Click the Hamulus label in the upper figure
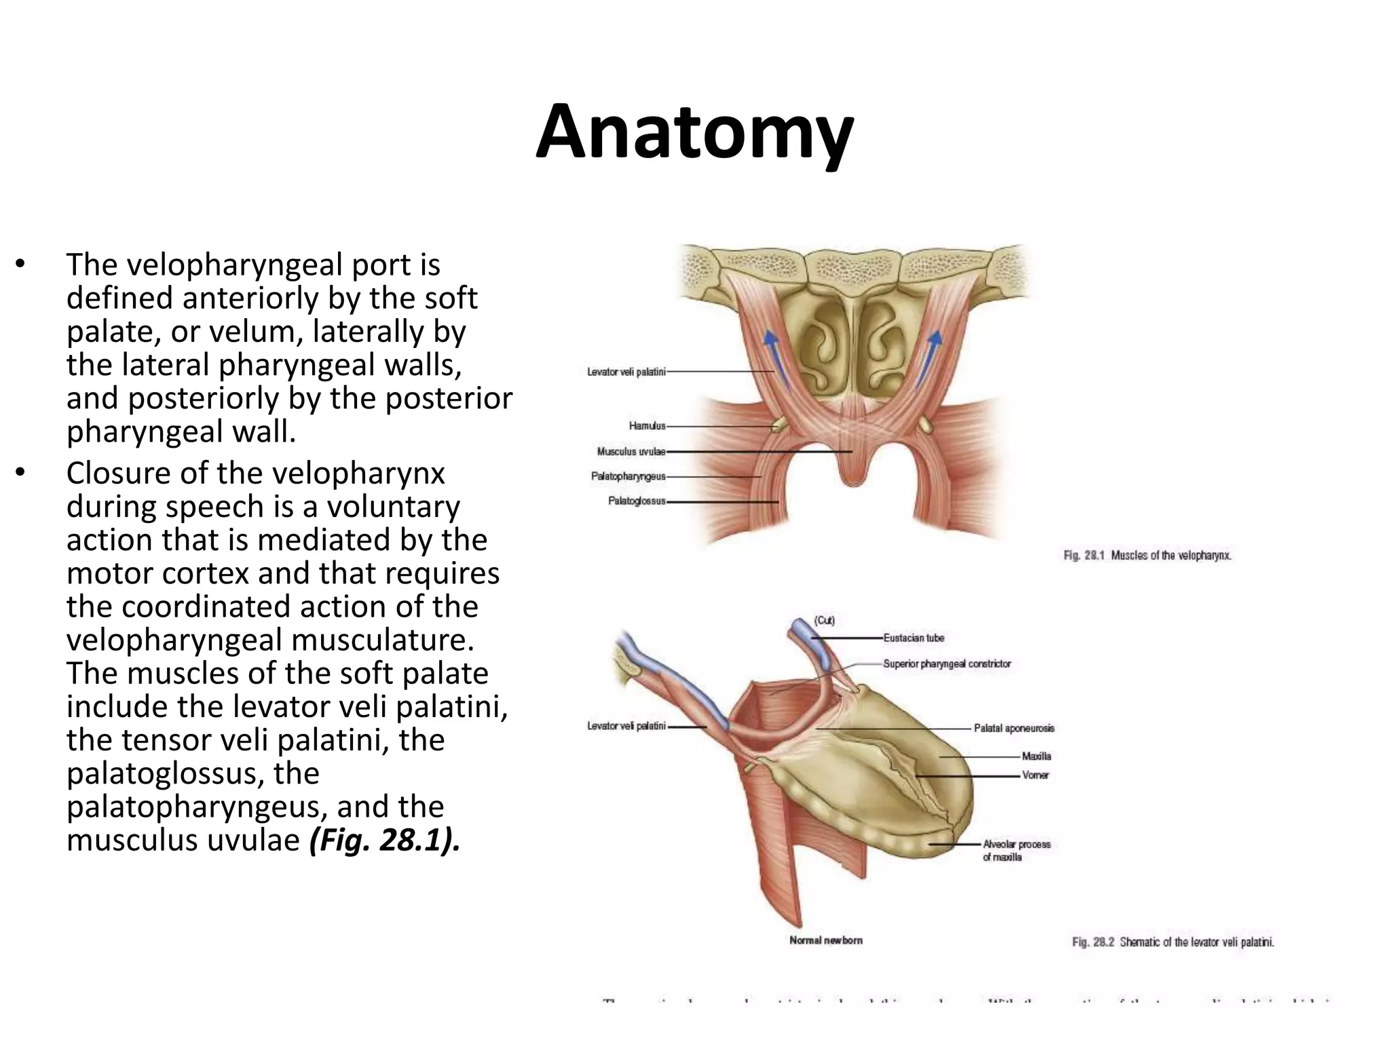coord(647,426)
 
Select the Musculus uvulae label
coord(631,452)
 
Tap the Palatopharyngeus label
coord(628,477)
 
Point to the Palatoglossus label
coord(637,502)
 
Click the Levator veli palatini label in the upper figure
coord(626,372)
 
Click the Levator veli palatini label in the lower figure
coord(626,726)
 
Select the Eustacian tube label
coord(913,638)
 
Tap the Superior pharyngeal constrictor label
coord(947,663)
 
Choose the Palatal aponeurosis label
coord(1014,728)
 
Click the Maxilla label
coord(1036,756)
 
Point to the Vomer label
coord(1036,775)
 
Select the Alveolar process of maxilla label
coord(1016,851)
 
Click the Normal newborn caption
coord(826,940)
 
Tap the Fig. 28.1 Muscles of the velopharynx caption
coord(1147,556)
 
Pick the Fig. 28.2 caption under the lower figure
coord(1173,942)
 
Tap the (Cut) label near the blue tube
coord(825,621)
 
